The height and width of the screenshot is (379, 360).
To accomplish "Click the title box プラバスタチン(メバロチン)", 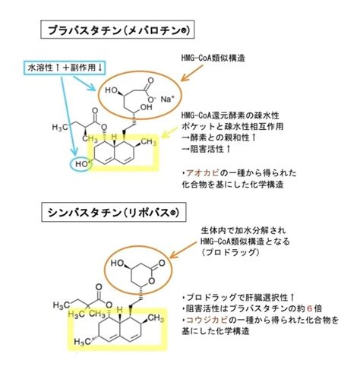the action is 118,30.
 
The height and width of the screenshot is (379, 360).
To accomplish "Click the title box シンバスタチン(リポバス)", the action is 114,212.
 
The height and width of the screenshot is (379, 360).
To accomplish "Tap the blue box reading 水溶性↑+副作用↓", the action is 64,68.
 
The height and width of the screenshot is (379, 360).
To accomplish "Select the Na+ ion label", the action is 168,99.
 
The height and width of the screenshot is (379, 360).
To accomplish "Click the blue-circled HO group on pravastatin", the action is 81,164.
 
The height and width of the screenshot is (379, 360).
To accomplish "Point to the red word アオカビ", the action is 202,173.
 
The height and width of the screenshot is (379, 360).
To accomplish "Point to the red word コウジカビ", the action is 207,320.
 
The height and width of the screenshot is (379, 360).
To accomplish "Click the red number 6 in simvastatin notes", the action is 309,308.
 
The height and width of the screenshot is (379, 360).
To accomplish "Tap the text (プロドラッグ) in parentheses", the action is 230,252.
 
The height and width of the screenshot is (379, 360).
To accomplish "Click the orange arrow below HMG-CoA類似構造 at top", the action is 192,73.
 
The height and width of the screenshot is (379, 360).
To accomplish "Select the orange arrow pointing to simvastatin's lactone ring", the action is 183,250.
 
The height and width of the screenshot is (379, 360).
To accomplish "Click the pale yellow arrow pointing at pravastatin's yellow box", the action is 169,133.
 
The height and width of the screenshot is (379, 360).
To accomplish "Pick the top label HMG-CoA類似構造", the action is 213,58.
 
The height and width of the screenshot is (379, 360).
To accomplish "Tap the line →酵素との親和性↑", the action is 219,137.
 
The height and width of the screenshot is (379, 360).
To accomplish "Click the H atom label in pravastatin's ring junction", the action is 114,137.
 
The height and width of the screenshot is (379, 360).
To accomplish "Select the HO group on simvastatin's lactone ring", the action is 117,263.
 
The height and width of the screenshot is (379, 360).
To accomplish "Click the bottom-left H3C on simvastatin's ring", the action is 82,342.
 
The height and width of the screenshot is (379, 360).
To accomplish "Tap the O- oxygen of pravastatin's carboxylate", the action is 151,99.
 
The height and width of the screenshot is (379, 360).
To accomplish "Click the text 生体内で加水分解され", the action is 243,230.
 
